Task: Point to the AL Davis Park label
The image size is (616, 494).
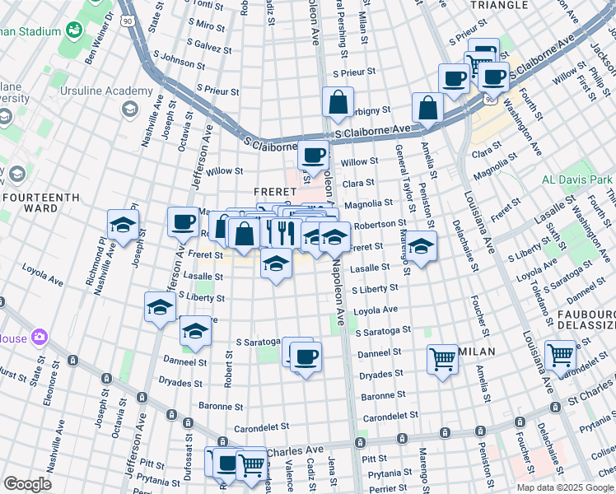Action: [x=577, y=179]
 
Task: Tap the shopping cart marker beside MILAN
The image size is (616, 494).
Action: [x=443, y=359]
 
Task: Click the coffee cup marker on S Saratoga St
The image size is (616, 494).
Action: [x=306, y=357]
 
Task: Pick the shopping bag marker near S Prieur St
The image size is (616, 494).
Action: [x=338, y=103]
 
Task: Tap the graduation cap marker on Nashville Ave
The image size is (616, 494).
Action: [x=123, y=225]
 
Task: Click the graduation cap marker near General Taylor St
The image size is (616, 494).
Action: [x=420, y=246]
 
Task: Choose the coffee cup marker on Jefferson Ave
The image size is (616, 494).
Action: [x=183, y=221]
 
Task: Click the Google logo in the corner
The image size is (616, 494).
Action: [x=28, y=484]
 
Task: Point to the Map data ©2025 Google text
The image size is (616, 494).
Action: [x=565, y=487]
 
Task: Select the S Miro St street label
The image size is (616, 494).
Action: [x=207, y=27]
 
